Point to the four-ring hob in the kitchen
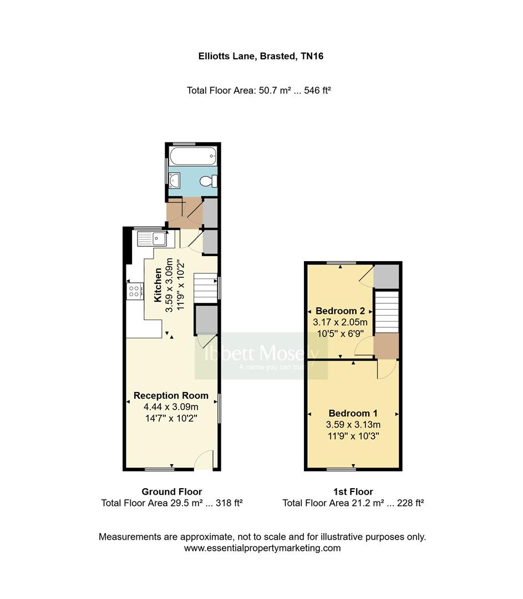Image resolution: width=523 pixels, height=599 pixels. pyautogui.click(x=135, y=291)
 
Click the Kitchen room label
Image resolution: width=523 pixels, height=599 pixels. pyautogui.click(x=158, y=285)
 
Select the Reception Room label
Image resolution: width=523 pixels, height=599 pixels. pyautogui.click(x=171, y=395)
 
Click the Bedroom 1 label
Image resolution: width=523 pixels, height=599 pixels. pyautogui.click(x=353, y=413)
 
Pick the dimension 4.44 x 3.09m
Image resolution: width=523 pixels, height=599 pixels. pyautogui.click(x=171, y=407)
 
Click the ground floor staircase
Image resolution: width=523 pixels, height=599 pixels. pyautogui.click(x=205, y=288)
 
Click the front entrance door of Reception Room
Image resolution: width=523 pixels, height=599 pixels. pyautogui.click(x=204, y=460)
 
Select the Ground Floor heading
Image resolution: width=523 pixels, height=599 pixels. pyautogui.click(x=171, y=491)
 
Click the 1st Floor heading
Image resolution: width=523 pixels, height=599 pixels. pyautogui.click(x=353, y=491)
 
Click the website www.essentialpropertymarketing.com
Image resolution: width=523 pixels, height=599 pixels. pyautogui.click(x=262, y=548)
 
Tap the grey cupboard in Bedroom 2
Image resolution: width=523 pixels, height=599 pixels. pyautogui.click(x=387, y=276)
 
